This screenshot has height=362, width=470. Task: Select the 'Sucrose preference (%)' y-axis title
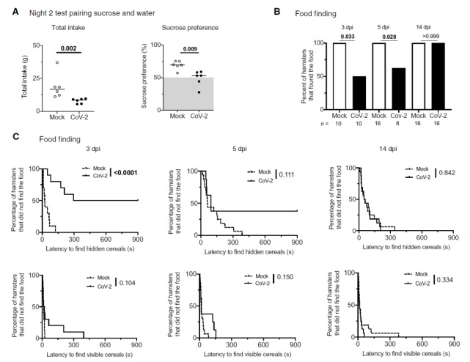click(155, 80)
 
